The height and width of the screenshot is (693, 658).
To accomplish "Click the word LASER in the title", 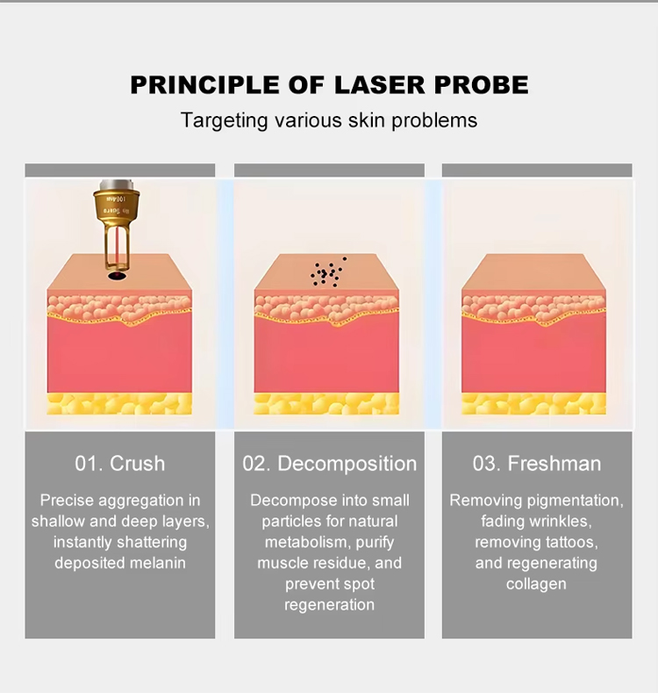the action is [380, 85].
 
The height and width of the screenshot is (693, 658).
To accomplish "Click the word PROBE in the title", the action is [482, 85].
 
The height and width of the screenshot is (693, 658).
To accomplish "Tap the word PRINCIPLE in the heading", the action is [205, 85].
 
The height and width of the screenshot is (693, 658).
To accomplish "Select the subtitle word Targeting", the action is [224, 120].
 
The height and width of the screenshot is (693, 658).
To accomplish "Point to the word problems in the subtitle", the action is [434, 120].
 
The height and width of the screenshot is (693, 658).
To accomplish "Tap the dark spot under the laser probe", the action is [117, 276].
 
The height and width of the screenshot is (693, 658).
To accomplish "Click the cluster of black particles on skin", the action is [327, 272].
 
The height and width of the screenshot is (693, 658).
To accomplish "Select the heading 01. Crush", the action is [119, 464].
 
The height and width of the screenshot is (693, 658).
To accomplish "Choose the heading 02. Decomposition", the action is [330, 464].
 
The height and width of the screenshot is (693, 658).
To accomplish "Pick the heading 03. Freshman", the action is [537, 464].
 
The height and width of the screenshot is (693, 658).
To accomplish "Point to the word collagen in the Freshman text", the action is [536, 584].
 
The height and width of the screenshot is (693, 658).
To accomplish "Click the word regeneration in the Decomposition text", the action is [330, 604].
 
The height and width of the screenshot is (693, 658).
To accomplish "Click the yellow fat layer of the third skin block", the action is [533, 403].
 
